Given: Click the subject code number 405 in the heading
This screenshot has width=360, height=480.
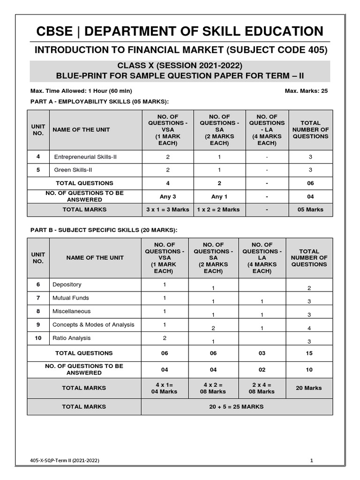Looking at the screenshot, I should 316,50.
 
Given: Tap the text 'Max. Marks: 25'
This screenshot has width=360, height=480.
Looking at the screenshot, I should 306,91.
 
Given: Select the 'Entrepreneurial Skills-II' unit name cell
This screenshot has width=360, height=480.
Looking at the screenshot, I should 85,157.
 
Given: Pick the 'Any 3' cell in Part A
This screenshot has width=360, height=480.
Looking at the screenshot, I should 168,196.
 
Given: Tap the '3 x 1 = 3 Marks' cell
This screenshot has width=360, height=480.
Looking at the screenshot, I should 168,210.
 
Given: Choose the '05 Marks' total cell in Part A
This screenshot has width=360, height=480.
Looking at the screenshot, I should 310,210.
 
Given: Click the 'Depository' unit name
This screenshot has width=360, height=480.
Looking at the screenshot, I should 67,285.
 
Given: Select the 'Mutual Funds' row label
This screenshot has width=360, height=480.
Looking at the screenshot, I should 71,298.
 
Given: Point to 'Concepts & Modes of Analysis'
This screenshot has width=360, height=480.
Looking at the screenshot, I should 93,324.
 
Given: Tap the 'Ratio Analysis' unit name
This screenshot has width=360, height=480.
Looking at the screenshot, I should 72,338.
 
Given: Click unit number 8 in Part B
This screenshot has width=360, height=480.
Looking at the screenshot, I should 38,311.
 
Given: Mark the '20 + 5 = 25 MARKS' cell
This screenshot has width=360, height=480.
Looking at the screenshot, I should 236,406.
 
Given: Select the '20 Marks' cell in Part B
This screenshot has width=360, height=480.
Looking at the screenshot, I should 309,388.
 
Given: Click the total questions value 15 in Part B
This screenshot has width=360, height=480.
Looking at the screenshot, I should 309,353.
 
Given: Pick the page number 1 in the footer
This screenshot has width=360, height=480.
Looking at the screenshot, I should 311,461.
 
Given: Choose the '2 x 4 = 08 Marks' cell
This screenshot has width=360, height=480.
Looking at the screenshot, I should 262,388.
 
